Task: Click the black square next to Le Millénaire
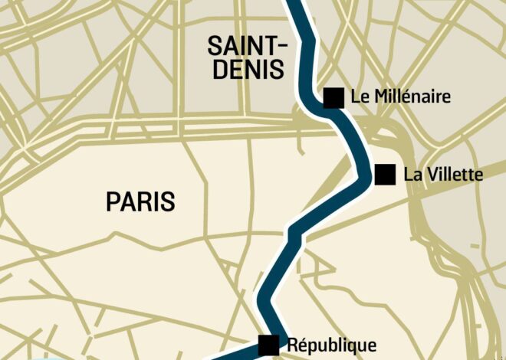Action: pos(333,97)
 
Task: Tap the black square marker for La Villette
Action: pos(385,175)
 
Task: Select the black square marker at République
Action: pos(269,345)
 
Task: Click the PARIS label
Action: pos(140,202)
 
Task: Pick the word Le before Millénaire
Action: pos(357,97)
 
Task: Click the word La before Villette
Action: pos(411,175)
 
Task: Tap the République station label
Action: pos(331,345)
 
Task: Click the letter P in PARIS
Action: pos(112,202)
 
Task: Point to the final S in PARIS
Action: pos(168,202)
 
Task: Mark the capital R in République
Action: pos(291,345)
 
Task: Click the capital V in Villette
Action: pos(426,175)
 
